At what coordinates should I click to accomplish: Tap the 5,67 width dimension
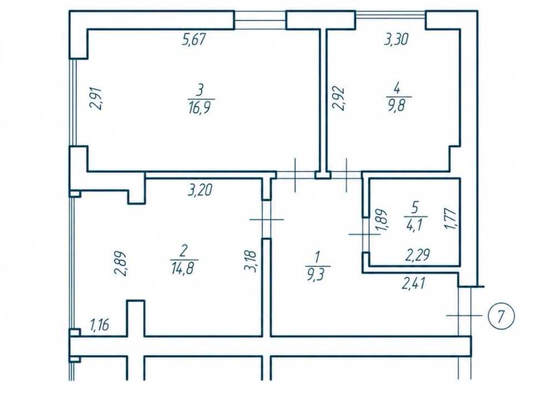pyautogui.click(x=194, y=40)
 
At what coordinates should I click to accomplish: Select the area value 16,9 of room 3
pyautogui.click(x=201, y=108)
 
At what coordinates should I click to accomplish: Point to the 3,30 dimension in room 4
pyautogui.click(x=396, y=39)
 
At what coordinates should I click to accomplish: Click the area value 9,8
pyautogui.click(x=398, y=105)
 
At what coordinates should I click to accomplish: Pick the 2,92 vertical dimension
pyautogui.click(x=339, y=99)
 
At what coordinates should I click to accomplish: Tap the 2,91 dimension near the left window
pyautogui.click(x=96, y=98)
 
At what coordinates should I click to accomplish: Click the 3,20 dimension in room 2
pyautogui.click(x=200, y=189)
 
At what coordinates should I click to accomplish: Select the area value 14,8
pyautogui.click(x=184, y=268)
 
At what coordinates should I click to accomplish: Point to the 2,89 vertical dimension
pyautogui.click(x=120, y=263)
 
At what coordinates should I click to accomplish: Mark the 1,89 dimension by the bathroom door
pyautogui.click(x=381, y=220)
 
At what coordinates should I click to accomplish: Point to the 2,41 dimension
pyautogui.click(x=414, y=283)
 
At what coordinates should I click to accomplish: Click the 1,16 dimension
pyautogui.click(x=100, y=325)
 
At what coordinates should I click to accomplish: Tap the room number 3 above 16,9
pyautogui.click(x=200, y=91)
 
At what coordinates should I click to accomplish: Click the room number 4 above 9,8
pyautogui.click(x=397, y=89)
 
